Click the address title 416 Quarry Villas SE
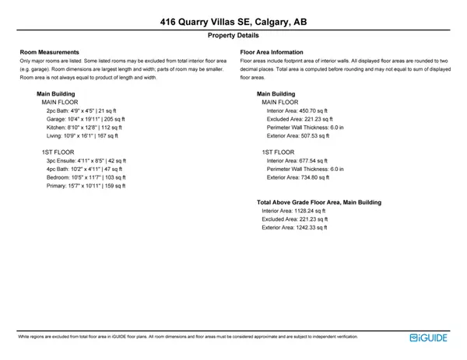tap(233, 23)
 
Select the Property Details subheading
tap(233, 36)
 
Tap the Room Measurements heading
tap(50, 52)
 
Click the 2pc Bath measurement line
tap(81, 110)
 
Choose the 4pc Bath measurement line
tap(82, 170)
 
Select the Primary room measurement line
tap(86, 186)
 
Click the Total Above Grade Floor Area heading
tap(319, 202)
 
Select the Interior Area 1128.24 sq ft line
tap(293, 211)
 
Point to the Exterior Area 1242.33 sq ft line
tap(294, 228)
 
